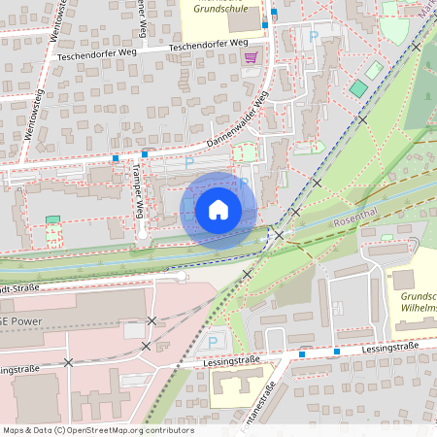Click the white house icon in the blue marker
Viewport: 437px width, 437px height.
[218, 209]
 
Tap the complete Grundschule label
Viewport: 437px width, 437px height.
[218, 7]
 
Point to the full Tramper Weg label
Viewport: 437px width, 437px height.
[138, 189]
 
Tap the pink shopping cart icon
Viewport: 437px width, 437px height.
[252, 57]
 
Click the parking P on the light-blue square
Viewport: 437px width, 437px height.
[213, 342]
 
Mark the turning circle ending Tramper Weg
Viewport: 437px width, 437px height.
[142, 234]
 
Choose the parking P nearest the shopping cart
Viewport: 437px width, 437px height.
[313, 36]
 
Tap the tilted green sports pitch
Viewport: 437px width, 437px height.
[359, 88]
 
